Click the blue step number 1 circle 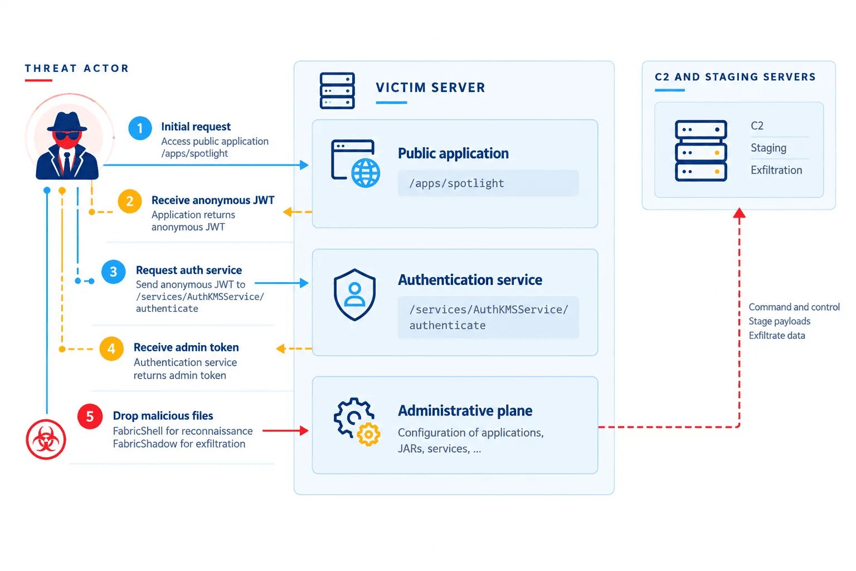coord(140,128)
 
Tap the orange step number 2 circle coord(130,201)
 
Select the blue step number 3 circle coord(114,272)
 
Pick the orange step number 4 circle coord(111,349)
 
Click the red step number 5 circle coord(90,417)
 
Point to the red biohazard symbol coord(46,439)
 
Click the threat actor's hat coord(67,123)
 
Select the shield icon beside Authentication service coord(354,294)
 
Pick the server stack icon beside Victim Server coord(337,91)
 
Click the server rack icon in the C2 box coord(701,151)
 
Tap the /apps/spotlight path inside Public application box coord(456,183)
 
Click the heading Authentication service coord(470,280)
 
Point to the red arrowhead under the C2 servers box coord(740,213)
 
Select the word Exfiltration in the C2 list coord(776,170)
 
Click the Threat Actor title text coord(77,69)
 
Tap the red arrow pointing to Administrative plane coord(285,430)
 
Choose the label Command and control coord(794,307)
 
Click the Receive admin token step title coord(186,347)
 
